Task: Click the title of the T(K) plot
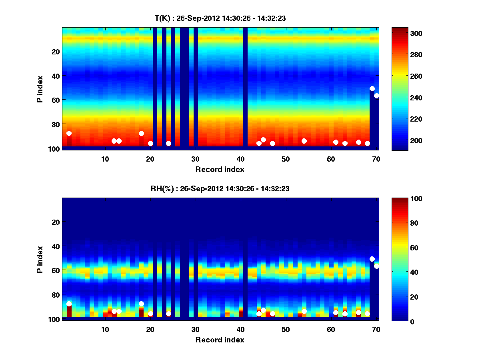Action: tap(220, 18)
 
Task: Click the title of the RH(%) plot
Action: tap(220, 189)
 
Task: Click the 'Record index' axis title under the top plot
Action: tap(220, 169)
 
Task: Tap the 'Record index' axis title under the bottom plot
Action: tap(220, 340)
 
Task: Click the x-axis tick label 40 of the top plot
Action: tap(241, 158)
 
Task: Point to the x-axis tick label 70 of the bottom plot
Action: tap(376, 329)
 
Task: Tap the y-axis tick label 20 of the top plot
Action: tap(55, 51)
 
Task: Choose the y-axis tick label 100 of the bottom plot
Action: tap(54, 319)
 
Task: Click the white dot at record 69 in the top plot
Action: tap(372, 88)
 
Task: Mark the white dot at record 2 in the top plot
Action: tap(69, 133)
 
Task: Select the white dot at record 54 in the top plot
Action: tap(304, 141)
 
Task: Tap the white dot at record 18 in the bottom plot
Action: tap(141, 304)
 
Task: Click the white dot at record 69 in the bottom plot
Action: tap(372, 259)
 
